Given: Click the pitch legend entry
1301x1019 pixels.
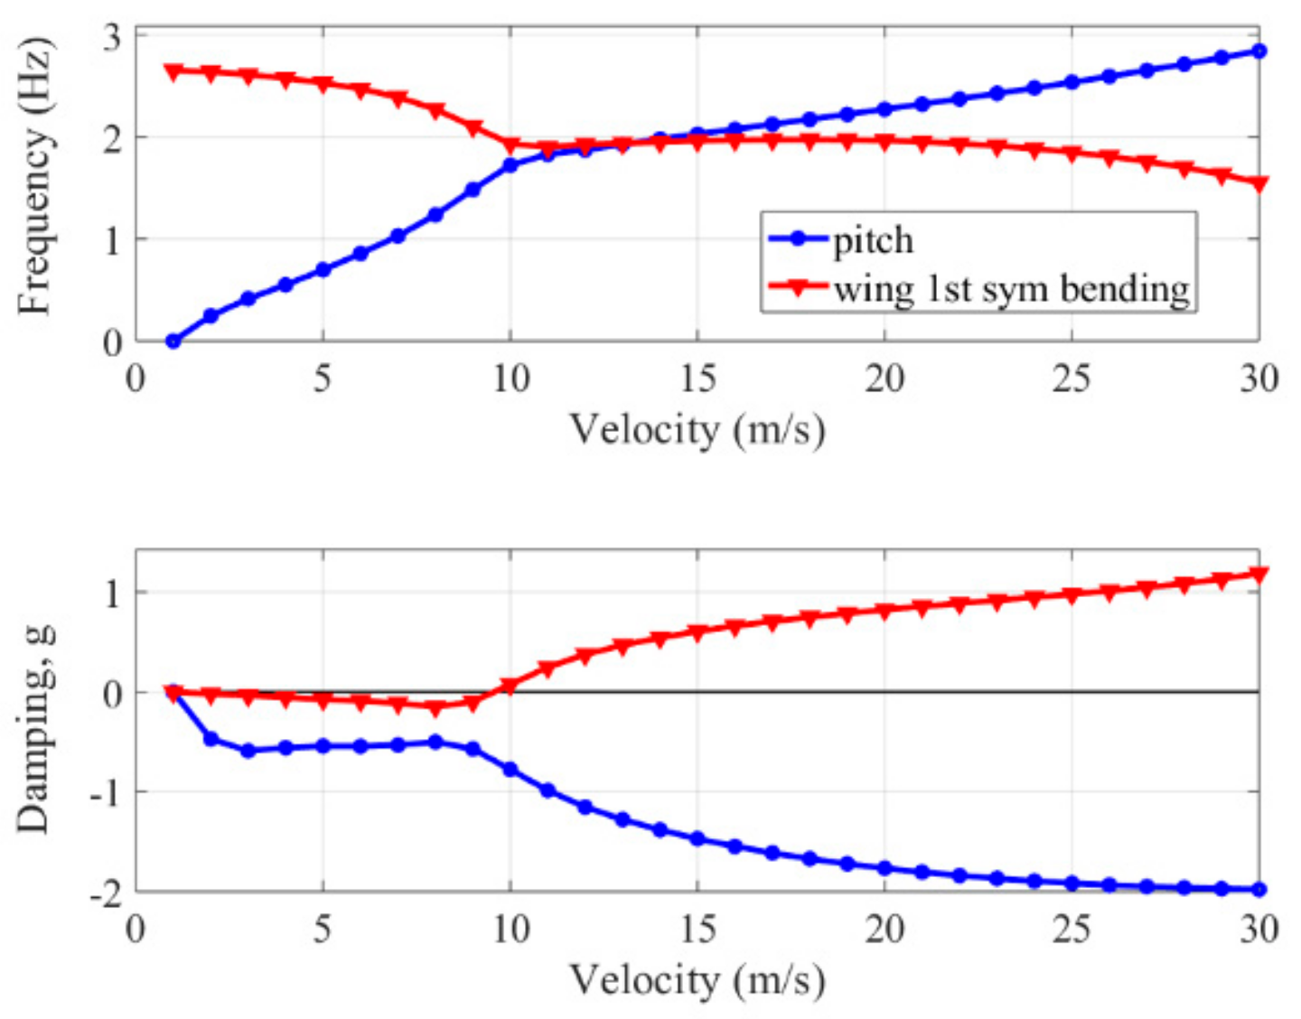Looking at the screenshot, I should [x=873, y=240].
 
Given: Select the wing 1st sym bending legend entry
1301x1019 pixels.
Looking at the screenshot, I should [x=1011, y=289].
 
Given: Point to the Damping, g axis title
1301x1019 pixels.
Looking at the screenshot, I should [x=34, y=726].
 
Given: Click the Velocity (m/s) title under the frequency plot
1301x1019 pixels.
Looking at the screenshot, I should [x=697, y=429].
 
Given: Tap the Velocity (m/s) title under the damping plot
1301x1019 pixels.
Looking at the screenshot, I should [x=697, y=980].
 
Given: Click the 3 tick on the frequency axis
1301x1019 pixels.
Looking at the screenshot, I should [x=113, y=38].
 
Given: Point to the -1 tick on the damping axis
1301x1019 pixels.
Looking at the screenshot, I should [x=106, y=793].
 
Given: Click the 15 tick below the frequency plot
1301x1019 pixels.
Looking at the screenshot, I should [x=697, y=378].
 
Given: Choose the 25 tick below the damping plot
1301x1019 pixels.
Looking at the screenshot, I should [x=1071, y=929].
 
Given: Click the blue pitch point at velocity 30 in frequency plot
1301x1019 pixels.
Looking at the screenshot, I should [x=1259, y=51].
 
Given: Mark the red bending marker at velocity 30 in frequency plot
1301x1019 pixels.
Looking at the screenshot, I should [x=1259, y=183].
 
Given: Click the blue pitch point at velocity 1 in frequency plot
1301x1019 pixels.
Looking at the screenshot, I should [x=173, y=341].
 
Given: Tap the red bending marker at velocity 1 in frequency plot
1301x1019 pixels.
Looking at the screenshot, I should [x=173, y=70].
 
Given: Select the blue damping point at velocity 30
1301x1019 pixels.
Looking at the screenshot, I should [x=1259, y=890].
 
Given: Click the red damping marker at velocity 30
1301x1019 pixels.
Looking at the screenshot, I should [x=1259, y=574].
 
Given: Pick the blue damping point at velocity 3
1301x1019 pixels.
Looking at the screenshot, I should [x=248, y=751].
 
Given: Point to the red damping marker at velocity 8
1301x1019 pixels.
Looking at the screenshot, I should [x=435, y=709].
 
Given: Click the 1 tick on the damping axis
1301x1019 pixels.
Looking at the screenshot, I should [x=113, y=594].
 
